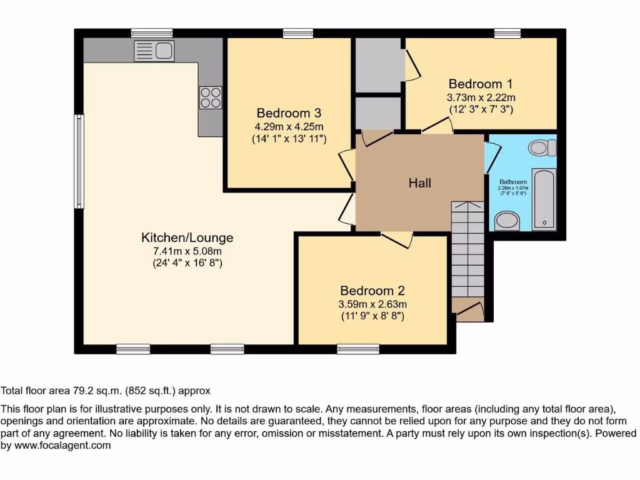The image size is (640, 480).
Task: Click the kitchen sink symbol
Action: [x=154, y=51]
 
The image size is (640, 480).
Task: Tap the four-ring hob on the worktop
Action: [x=211, y=97]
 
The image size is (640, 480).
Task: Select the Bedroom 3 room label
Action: [x=289, y=113]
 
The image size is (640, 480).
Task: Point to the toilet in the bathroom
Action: [x=542, y=148]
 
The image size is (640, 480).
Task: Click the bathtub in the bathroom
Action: [x=544, y=199]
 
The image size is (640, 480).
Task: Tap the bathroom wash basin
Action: [x=506, y=221]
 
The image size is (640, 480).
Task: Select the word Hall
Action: [x=419, y=183]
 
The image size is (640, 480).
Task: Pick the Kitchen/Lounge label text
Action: [x=187, y=237]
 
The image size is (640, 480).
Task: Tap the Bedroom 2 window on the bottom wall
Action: [x=358, y=349]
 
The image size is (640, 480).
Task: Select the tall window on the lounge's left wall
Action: [x=79, y=161]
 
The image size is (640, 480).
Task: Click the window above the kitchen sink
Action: [x=152, y=33]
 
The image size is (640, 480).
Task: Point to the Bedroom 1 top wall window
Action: [x=507, y=33]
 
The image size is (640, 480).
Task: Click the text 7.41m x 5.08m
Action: [x=187, y=251]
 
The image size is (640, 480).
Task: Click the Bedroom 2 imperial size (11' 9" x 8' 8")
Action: [x=372, y=316]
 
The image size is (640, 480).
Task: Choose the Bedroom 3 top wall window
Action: [x=297, y=33]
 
